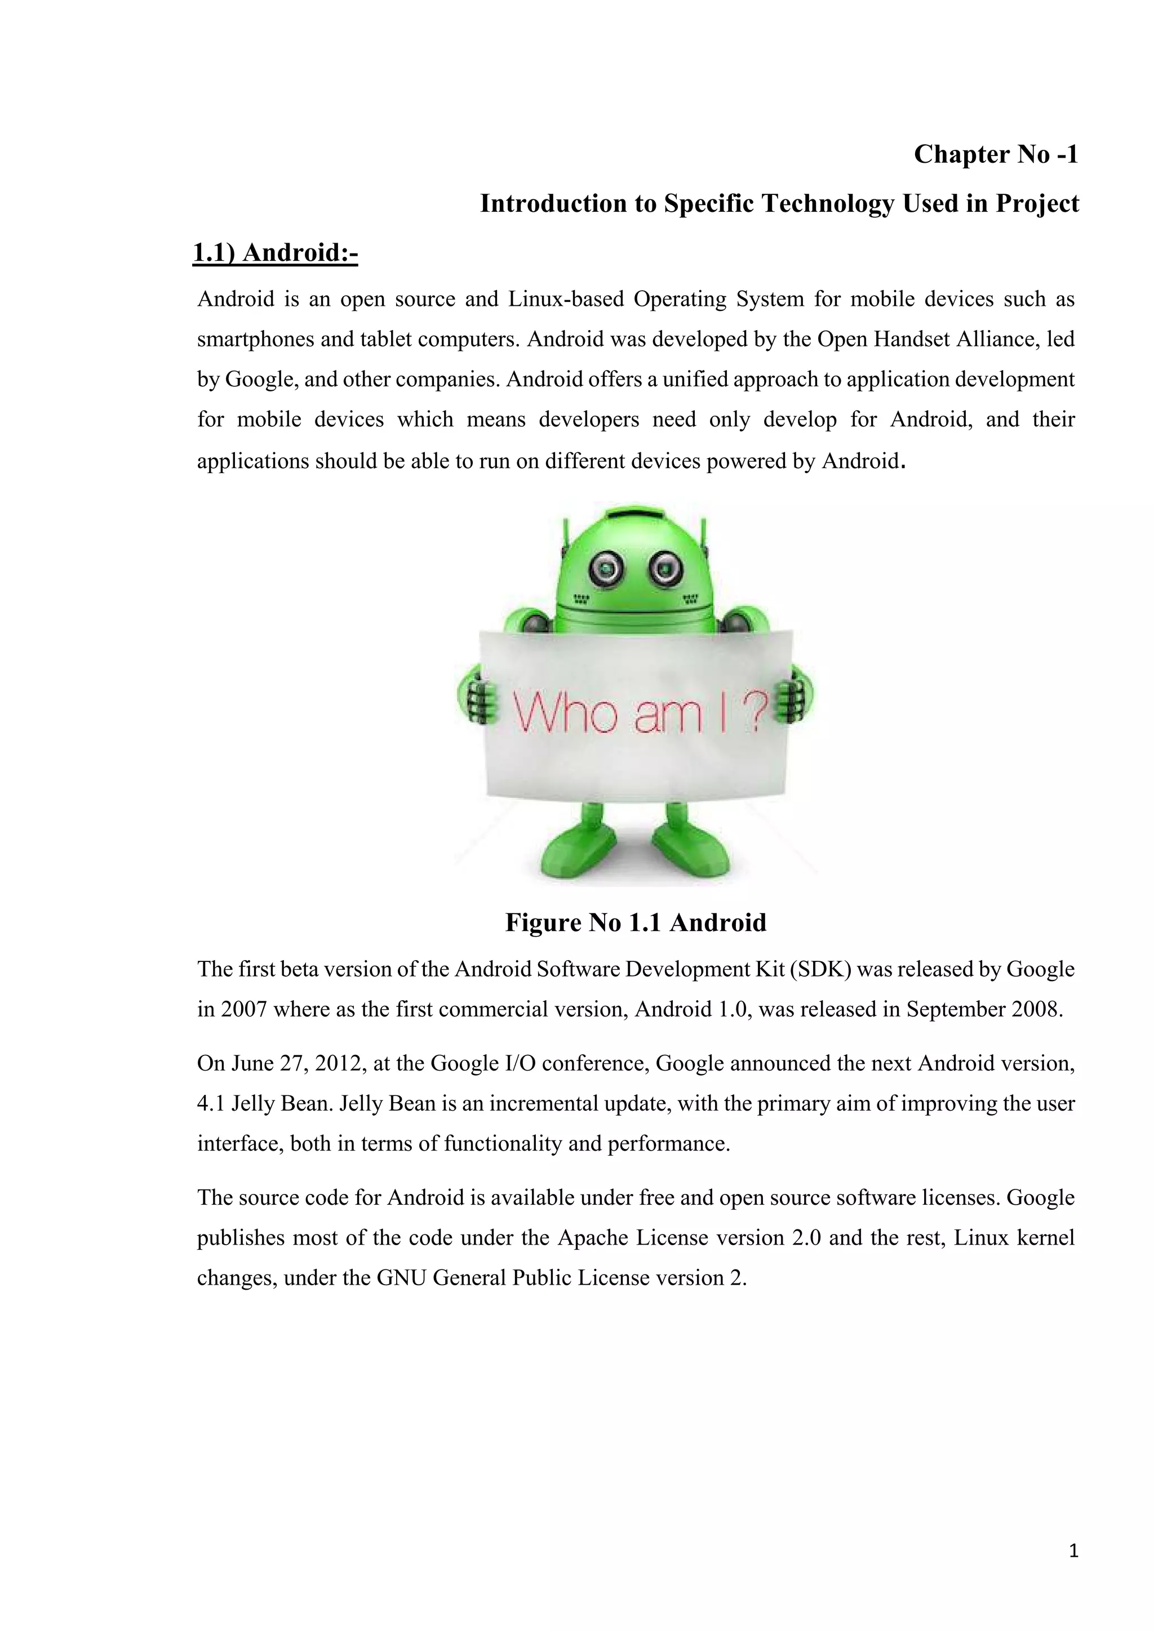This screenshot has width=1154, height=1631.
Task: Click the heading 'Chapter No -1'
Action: [995, 154]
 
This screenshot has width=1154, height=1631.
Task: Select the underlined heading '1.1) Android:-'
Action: [275, 253]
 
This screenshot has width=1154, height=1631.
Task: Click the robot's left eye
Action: [607, 568]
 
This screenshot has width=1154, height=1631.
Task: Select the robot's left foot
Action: [577, 850]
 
